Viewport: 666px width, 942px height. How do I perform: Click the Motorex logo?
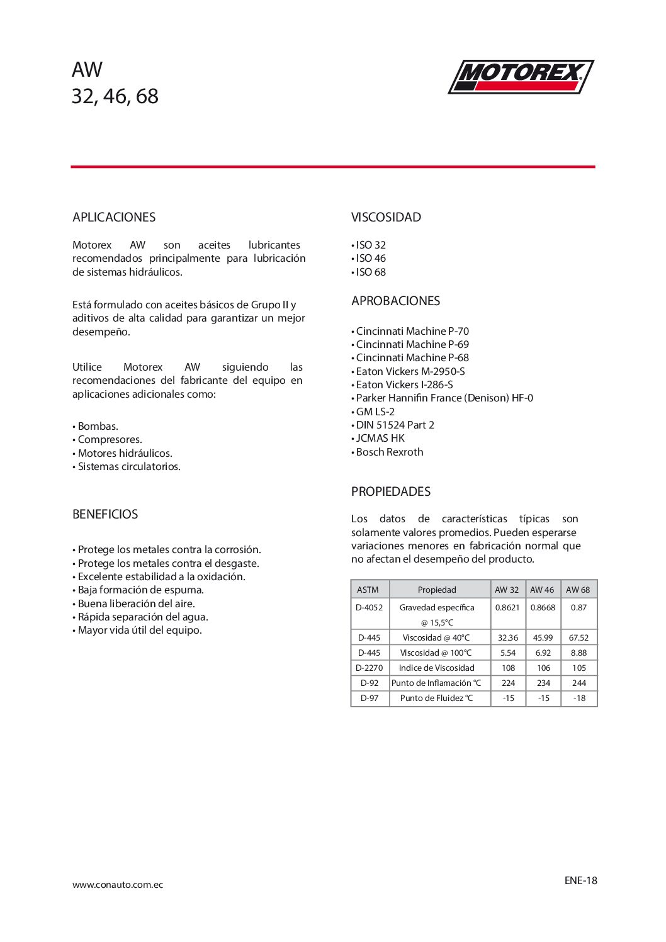point(521,77)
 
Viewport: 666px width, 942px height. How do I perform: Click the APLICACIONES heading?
point(114,218)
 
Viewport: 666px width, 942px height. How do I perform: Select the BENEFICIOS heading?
point(105,515)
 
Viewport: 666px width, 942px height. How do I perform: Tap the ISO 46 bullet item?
point(371,259)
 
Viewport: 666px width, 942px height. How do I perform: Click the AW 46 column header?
point(542,590)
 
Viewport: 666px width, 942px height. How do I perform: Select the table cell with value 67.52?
point(579,638)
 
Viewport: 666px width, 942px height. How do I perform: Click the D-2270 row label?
point(370,668)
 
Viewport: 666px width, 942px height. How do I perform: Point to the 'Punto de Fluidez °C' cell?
point(436,698)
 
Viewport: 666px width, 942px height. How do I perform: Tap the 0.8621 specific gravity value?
point(507,608)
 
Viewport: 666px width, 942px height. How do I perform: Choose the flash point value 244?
point(579,683)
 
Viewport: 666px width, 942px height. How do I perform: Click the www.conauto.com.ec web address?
point(118,885)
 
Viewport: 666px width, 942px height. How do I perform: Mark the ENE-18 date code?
point(580,881)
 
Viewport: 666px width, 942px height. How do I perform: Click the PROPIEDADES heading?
point(391,492)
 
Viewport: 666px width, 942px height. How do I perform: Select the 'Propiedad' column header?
point(437,590)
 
